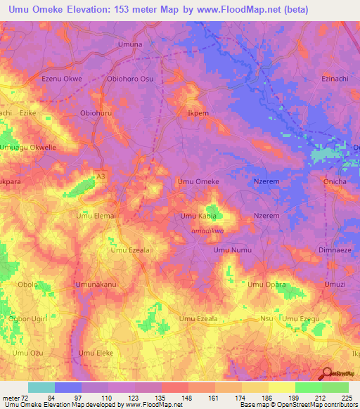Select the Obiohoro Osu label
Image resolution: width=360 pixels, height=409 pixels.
pos(129,79)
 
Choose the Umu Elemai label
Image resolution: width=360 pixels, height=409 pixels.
pos(95,216)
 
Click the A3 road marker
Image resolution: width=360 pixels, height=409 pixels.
pos(101,176)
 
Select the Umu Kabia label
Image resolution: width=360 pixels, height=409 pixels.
pos(198,216)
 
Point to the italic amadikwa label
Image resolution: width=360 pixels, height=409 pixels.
pos(207,229)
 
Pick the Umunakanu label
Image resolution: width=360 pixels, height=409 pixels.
pos(96,285)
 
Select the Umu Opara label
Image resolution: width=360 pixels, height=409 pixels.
pos(266,285)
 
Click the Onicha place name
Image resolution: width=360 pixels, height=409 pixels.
pos(334,181)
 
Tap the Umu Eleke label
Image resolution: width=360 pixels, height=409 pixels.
pos(96,353)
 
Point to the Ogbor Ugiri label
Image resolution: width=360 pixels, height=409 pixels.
pos(27,319)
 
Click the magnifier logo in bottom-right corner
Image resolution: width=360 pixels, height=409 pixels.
pos(326,375)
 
